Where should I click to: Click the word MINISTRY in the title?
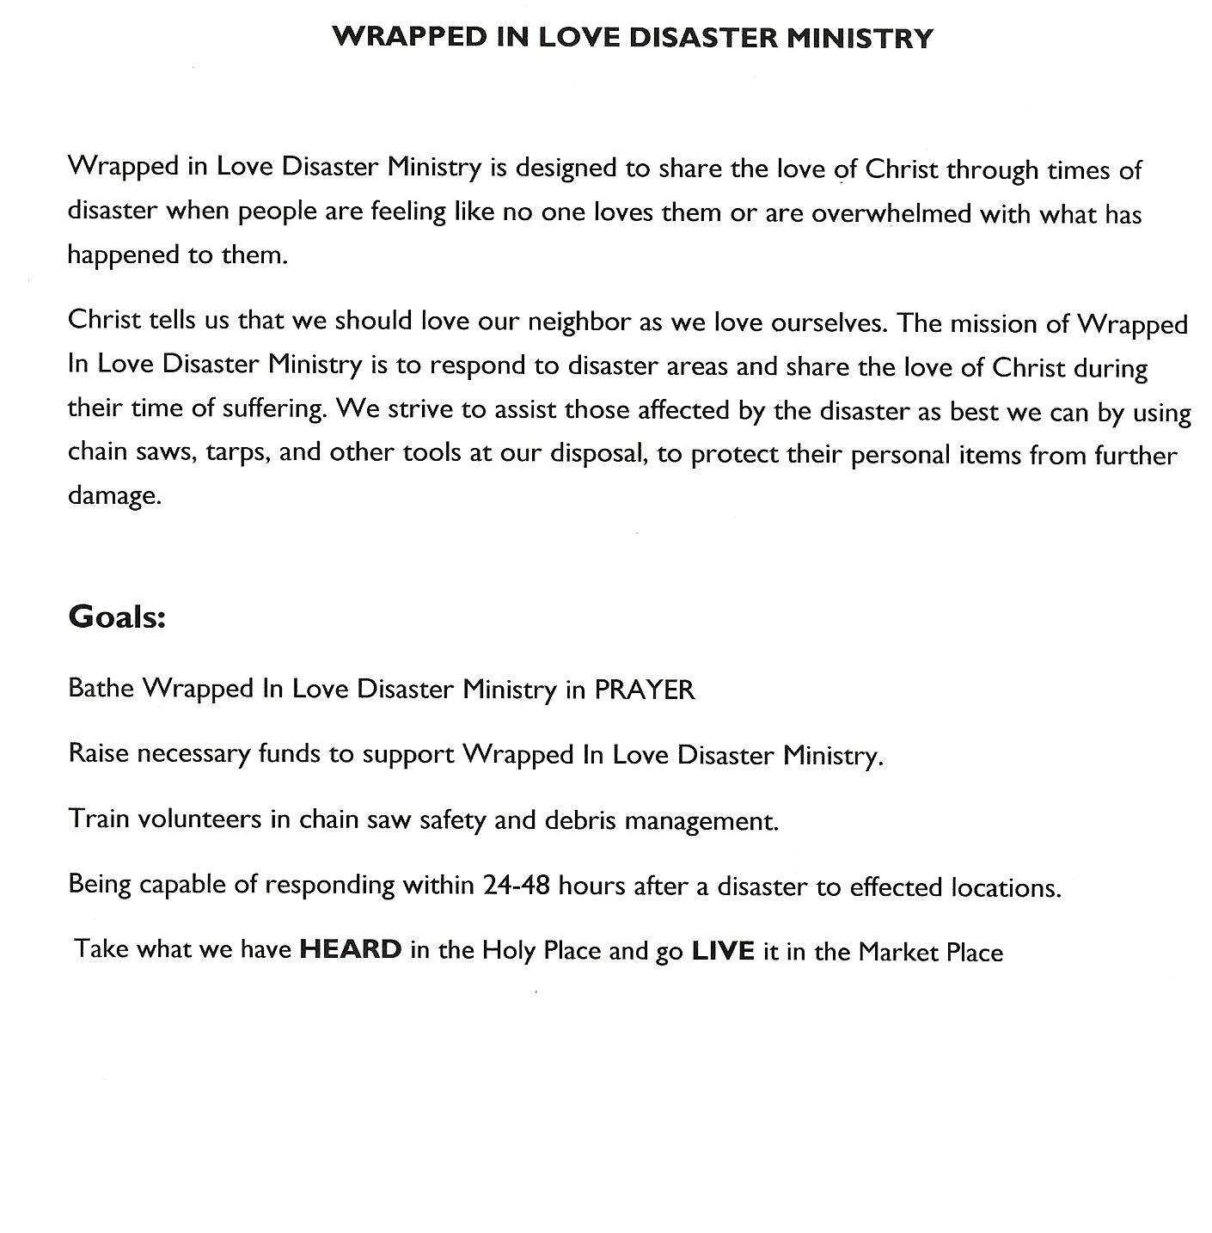click(x=865, y=38)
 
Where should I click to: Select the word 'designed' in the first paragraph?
click(x=568, y=169)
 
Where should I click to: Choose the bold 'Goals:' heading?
click(x=116, y=616)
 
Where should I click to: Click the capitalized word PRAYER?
click(x=645, y=690)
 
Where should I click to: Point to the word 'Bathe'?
click(x=101, y=688)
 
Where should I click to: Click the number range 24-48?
click(x=517, y=885)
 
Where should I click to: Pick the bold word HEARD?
click(x=351, y=949)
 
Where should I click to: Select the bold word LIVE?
click(x=723, y=951)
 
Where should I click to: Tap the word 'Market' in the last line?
click(x=898, y=952)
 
